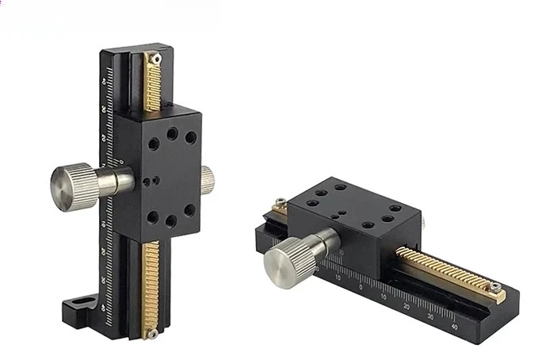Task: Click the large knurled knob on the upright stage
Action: tap(73, 185)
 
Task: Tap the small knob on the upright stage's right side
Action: tap(208, 179)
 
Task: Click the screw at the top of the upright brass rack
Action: tap(157, 58)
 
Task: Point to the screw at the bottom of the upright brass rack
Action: tap(151, 334)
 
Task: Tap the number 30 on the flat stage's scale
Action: tap(430, 316)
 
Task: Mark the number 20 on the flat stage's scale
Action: tap(407, 306)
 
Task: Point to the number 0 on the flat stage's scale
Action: tap(361, 287)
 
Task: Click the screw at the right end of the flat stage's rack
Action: tap(495, 287)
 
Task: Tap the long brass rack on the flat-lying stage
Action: tap(444, 270)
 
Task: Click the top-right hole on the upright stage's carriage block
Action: tap(191, 137)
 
